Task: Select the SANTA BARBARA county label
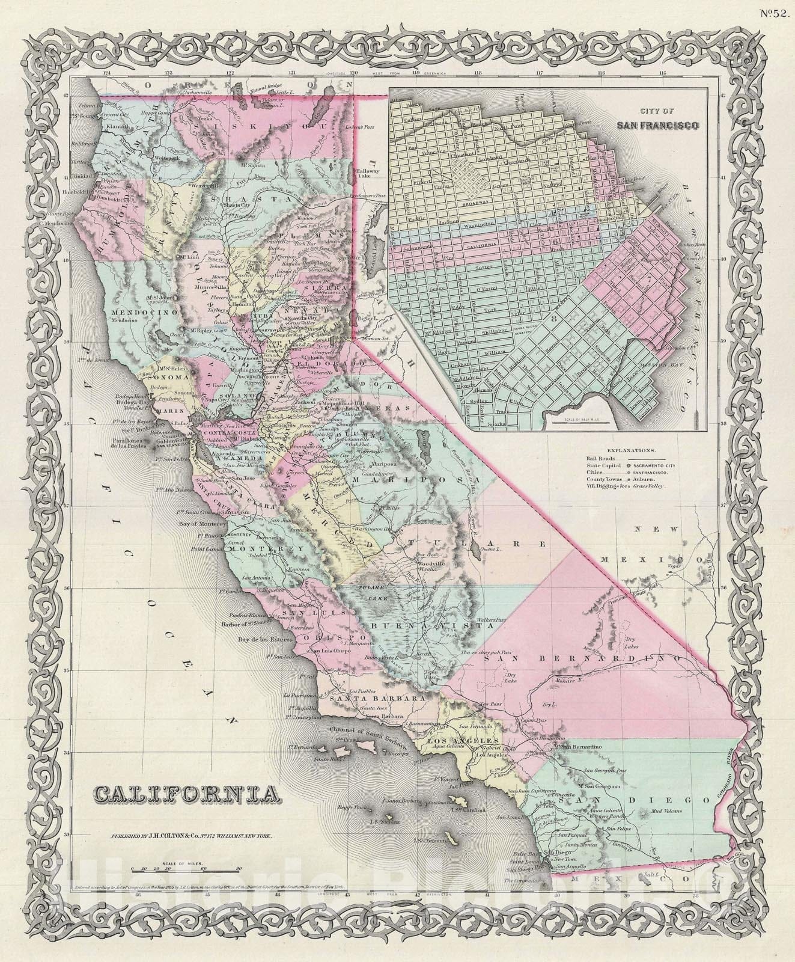coord(374,700)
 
